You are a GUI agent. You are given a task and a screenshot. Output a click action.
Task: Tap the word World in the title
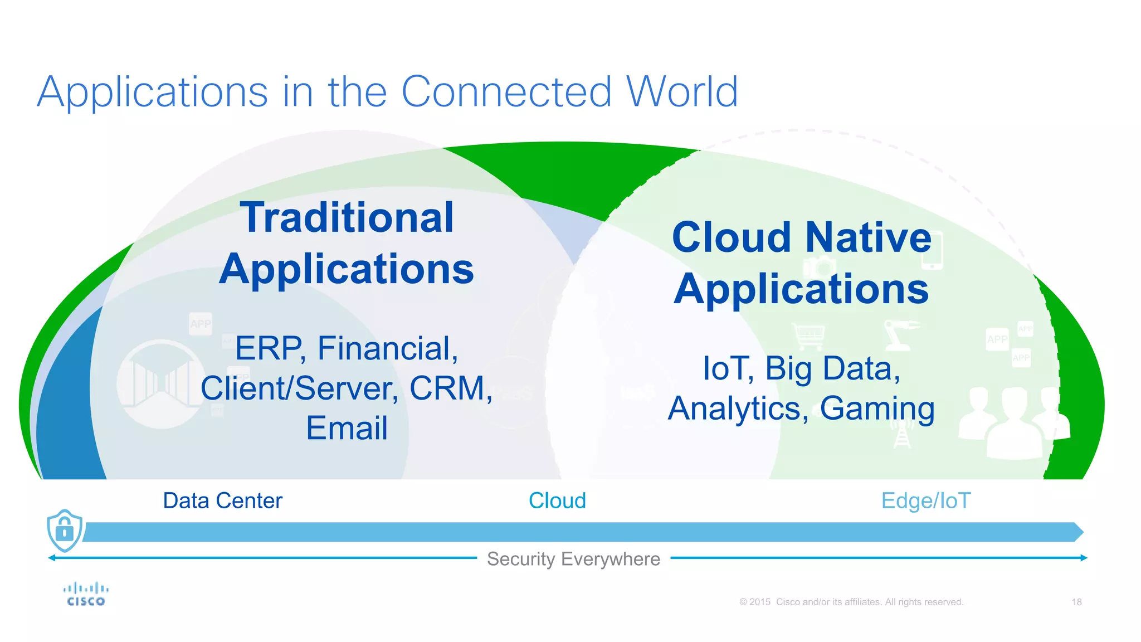[682, 92]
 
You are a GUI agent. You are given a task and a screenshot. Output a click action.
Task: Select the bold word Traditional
[347, 218]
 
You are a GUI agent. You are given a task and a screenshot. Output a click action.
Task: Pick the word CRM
[450, 388]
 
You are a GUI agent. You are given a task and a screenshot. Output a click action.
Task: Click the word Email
[347, 428]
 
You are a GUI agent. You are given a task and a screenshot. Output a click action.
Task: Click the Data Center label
[222, 501]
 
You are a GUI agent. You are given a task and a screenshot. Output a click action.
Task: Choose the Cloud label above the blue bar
[557, 501]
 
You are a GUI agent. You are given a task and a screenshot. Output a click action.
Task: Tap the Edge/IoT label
[925, 501]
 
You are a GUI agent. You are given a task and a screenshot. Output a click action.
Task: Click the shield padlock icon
[65, 530]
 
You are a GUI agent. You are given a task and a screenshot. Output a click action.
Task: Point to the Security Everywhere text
[573, 559]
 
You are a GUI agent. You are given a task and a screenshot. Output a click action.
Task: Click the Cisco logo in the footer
[86, 594]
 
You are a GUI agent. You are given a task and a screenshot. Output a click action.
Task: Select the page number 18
[1076, 602]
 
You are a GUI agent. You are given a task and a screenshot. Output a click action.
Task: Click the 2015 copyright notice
[851, 602]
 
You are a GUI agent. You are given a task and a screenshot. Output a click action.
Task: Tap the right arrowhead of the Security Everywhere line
[1084, 558]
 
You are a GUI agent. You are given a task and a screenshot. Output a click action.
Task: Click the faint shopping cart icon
[809, 335]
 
